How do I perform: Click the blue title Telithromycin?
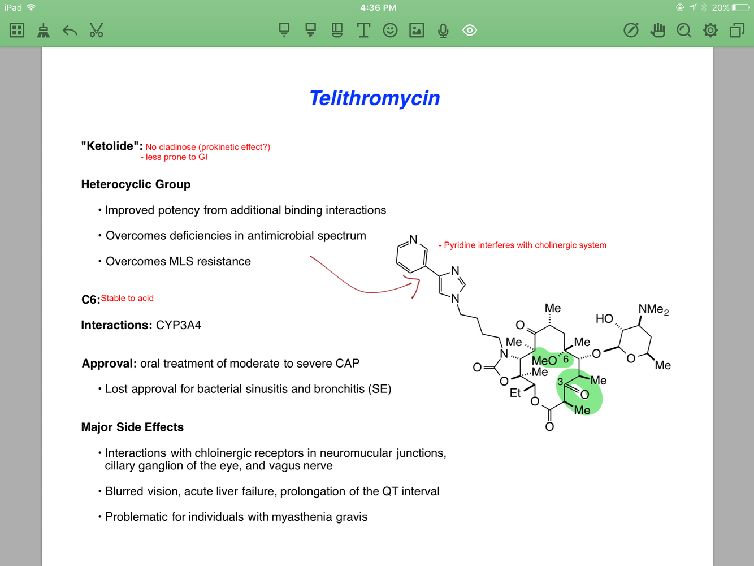pyautogui.click(x=374, y=98)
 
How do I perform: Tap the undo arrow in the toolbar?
pyautogui.click(x=70, y=31)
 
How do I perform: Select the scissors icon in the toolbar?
pyautogui.click(x=97, y=31)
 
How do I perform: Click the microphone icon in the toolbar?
pyautogui.click(x=443, y=31)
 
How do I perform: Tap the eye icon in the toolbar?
pyautogui.click(x=470, y=31)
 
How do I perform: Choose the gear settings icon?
pyautogui.click(x=710, y=31)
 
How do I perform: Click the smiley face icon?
pyautogui.click(x=390, y=31)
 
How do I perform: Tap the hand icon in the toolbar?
pyautogui.click(x=657, y=31)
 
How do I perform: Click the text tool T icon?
pyautogui.click(x=363, y=31)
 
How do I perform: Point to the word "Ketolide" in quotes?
pyautogui.click(x=111, y=146)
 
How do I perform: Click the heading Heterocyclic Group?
pyautogui.click(x=136, y=184)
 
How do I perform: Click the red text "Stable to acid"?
pyautogui.click(x=127, y=298)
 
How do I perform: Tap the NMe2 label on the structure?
pyautogui.click(x=653, y=309)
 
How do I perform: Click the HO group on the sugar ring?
pyautogui.click(x=604, y=318)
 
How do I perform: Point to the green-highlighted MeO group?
pyautogui.click(x=544, y=360)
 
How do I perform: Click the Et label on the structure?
pyautogui.click(x=515, y=392)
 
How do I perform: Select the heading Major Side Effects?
pyautogui.click(x=132, y=427)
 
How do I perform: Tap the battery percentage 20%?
pyautogui.click(x=720, y=7)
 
